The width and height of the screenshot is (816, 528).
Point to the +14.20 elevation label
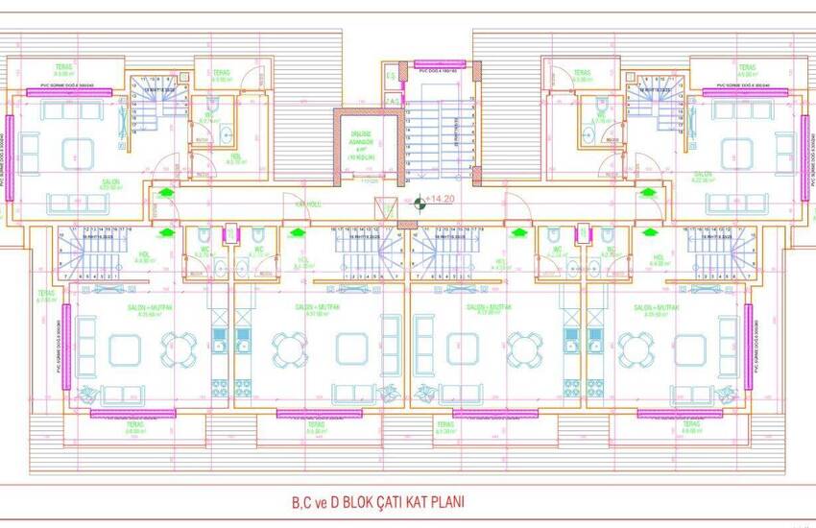pyautogui.click(x=444, y=199)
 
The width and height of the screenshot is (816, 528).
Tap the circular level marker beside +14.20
pyautogui.click(x=420, y=202)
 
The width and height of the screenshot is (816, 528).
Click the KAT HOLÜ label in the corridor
pyautogui.click(x=306, y=203)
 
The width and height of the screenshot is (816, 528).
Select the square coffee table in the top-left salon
pyautogui.click(x=74, y=151)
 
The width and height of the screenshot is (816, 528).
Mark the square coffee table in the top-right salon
pyautogui.click(x=737, y=151)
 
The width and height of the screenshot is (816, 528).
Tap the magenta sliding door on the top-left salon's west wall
pyautogui.click(x=9, y=153)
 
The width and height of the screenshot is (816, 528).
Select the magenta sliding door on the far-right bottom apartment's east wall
pyautogui.click(x=748, y=346)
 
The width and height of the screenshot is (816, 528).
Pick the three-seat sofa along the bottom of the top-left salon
pyautogui.click(x=74, y=203)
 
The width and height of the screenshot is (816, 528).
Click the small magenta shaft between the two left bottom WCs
pyautogui.click(x=230, y=234)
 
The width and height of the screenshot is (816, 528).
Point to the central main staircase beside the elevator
pyautogui.click(x=441, y=134)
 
